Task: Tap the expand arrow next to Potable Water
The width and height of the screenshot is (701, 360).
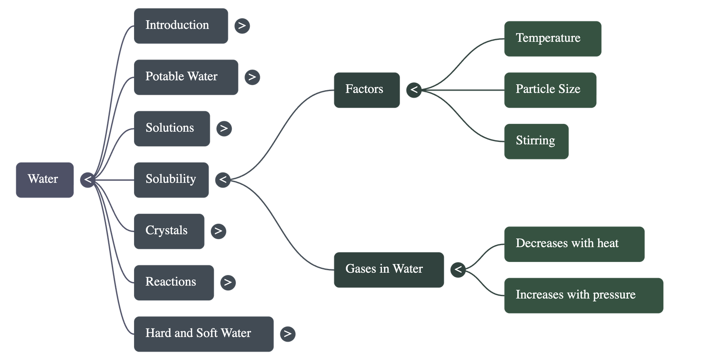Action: tap(252, 77)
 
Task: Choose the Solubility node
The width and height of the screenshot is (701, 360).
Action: tap(171, 180)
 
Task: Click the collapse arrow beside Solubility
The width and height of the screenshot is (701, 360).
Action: tap(223, 180)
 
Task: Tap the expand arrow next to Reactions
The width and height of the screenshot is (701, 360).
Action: tap(228, 282)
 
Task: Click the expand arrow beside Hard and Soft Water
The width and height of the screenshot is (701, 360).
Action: tap(287, 334)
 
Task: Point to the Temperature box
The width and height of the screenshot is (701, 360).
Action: tap(552, 39)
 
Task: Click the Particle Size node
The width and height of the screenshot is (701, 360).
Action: tap(550, 90)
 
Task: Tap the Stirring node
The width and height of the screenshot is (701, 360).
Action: tap(536, 141)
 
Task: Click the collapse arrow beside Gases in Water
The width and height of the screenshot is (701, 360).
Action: tap(458, 269)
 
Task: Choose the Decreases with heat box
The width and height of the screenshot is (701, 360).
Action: tap(574, 244)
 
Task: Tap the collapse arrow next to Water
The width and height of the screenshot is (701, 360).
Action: tap(88, 180)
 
